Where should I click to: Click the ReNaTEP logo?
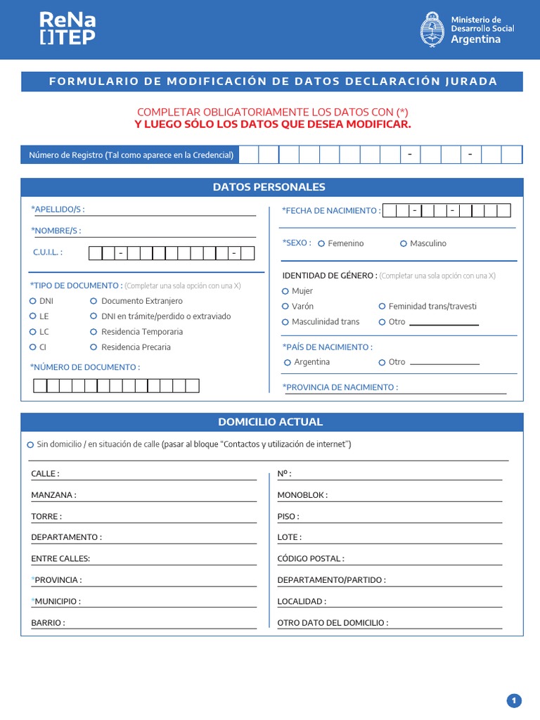[x=67, y=28]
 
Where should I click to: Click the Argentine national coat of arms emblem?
[x=432, y=30]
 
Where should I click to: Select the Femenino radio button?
[x=321, y=244]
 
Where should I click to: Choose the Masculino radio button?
[x=404, y=244]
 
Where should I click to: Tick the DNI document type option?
[x=33, y=301]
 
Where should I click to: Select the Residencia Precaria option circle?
[x=94, y=347]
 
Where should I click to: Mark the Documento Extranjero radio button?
[x=94, y=301]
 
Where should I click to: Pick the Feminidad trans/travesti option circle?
[x=382, y=307]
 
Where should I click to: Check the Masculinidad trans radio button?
[x=285, y=322]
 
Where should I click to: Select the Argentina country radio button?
[x=288, y=363]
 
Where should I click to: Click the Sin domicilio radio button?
[x=30, y=445]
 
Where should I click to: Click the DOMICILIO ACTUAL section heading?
[x=271, y=422]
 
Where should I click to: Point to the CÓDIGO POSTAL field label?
[x=311, y=559]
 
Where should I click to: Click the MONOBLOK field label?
[x=302, y=495]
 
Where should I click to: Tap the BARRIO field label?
[x=48, y=623]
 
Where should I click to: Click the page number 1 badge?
[x=514, y=700]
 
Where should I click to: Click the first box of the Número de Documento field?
[x=40, y=385]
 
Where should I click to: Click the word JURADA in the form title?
[x=471, y=82]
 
